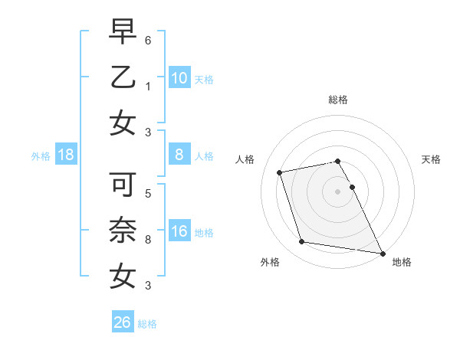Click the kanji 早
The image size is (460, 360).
[123, 33]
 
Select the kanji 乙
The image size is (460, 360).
[123, 77]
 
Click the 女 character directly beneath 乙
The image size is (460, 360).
[123, 123]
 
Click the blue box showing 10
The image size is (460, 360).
[179, 78]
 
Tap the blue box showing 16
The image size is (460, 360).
[179, 232]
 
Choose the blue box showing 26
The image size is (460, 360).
[123, 323]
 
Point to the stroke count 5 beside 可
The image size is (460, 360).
[148, 194]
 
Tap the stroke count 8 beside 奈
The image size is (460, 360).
[148, 239]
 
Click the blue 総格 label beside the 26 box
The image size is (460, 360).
[147, 324]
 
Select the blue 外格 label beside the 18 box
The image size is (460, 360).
[41, 156]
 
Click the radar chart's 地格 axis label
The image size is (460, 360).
[402, 262]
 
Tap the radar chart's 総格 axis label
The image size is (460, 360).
[338, 100]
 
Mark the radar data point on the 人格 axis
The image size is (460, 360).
[280, 172]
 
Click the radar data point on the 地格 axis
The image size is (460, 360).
[382, 253]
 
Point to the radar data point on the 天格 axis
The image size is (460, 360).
[353, 187]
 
